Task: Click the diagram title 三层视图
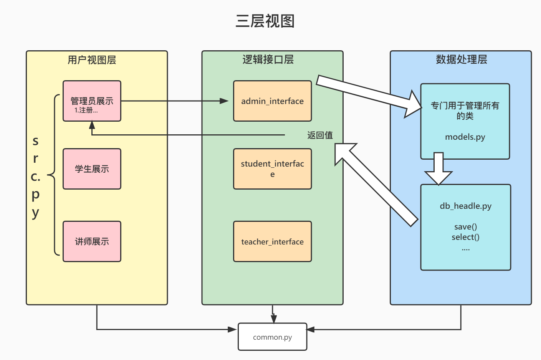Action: pos(265,21)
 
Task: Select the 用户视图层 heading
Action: pos(92,60)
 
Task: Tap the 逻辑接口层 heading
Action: pos(268,59)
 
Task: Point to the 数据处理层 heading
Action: pos(461,59)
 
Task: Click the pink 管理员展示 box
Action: pos(92,101)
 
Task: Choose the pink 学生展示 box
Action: pos(92,169)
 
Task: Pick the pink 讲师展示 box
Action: pos(92,241)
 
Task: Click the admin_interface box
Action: pos(272,101)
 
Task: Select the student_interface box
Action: pos(272,169)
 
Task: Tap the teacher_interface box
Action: pos(272,241)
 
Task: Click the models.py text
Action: pos(465,137)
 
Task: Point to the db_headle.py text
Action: pos(465,206)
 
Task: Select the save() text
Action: pos(465,227)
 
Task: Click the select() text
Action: pos(465,237)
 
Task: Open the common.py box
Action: pos(272,337)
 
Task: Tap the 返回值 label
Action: pos(320,135)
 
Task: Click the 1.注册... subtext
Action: pos(86,111)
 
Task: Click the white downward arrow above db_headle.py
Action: pos(438,169)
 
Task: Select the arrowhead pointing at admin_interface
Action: pos(224,101)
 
